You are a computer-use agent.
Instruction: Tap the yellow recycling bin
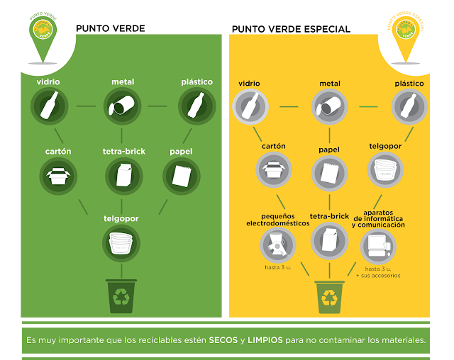[330, 297]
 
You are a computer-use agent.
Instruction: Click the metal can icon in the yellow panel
[330, 108]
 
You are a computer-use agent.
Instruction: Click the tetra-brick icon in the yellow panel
[328, 242]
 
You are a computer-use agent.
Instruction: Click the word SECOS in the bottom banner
[223, 340]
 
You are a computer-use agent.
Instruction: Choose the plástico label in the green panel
[196, 82]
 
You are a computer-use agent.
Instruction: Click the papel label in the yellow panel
[328, 150]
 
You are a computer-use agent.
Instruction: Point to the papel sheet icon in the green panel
[180, 174]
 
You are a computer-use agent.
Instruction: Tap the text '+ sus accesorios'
[382, 275]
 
